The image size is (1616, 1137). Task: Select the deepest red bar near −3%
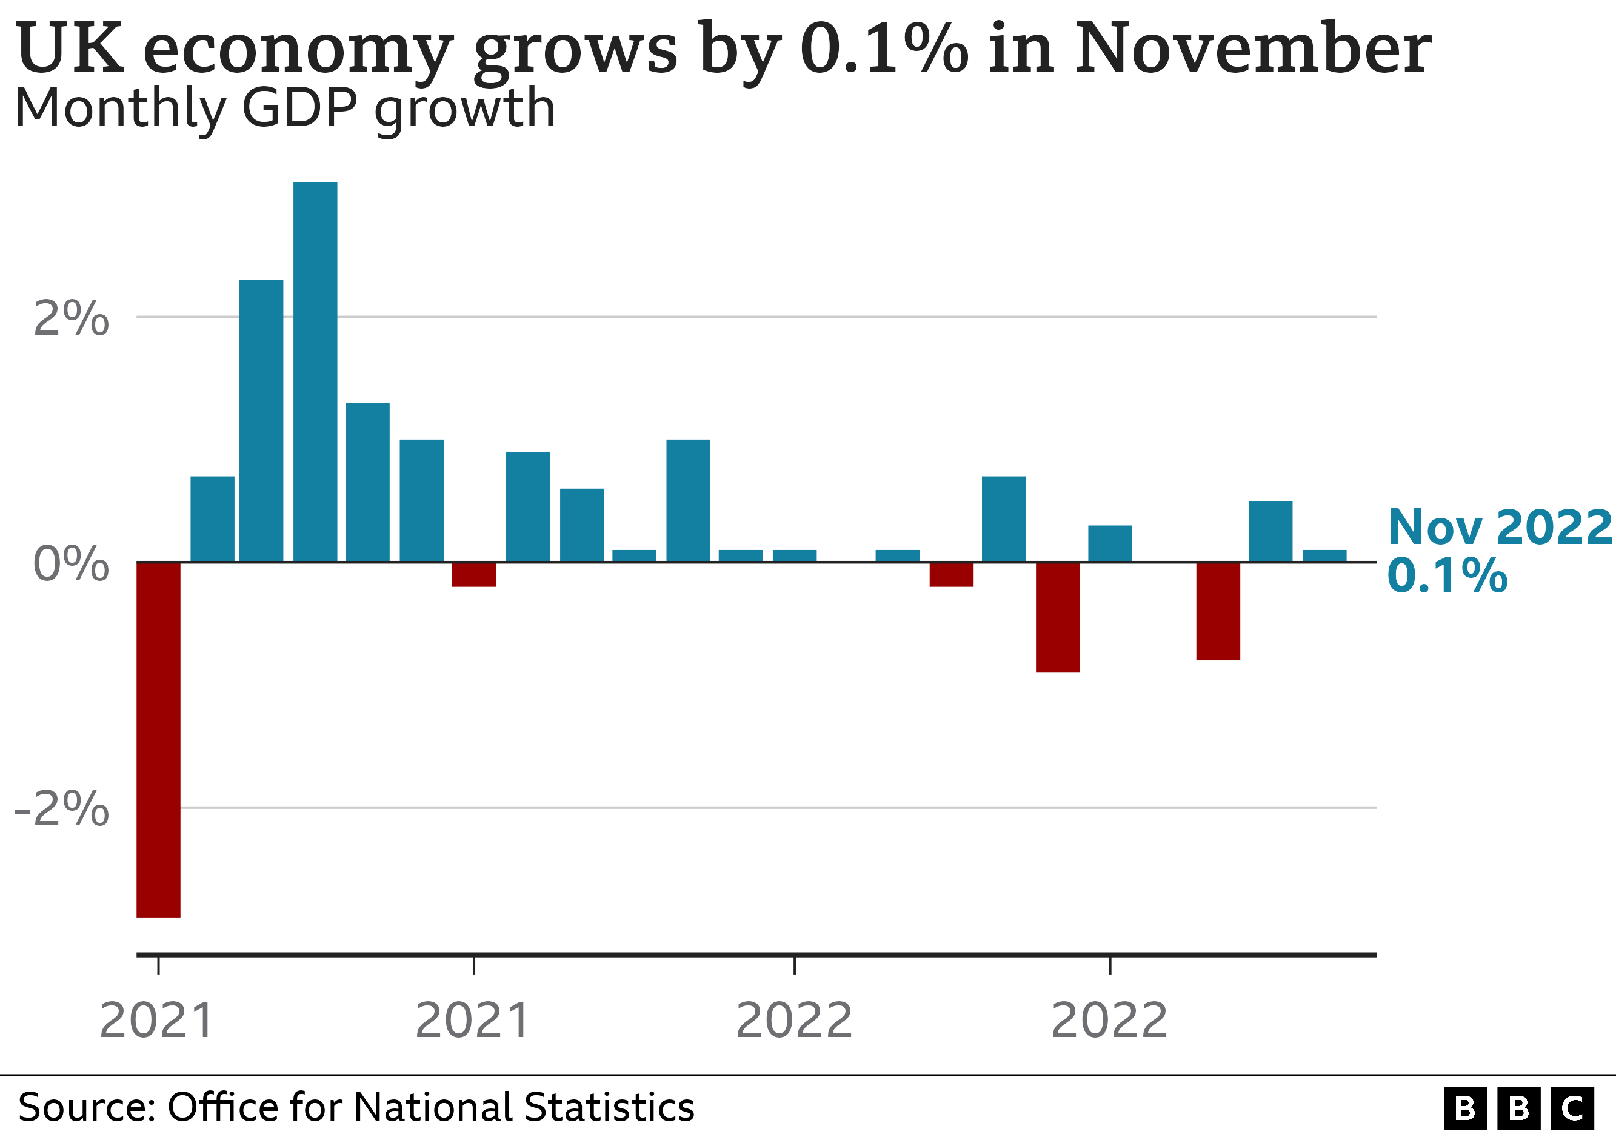[158, 739]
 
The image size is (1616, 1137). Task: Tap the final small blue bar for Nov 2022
[1324, 555]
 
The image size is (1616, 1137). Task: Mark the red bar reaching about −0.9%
[1057, 617]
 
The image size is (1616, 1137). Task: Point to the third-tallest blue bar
[367, 481]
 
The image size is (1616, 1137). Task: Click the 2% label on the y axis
[71, 318]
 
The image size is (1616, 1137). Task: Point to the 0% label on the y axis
[71, 564]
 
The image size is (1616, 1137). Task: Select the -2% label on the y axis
[62, 809]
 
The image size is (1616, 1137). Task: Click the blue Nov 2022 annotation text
[1499, 528]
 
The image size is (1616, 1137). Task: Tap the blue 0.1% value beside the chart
[1447, 576]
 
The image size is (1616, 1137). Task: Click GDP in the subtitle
[302, 109]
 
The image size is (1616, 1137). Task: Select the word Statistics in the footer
[609, 1107]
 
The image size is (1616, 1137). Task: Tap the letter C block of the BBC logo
[1572, 1108]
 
